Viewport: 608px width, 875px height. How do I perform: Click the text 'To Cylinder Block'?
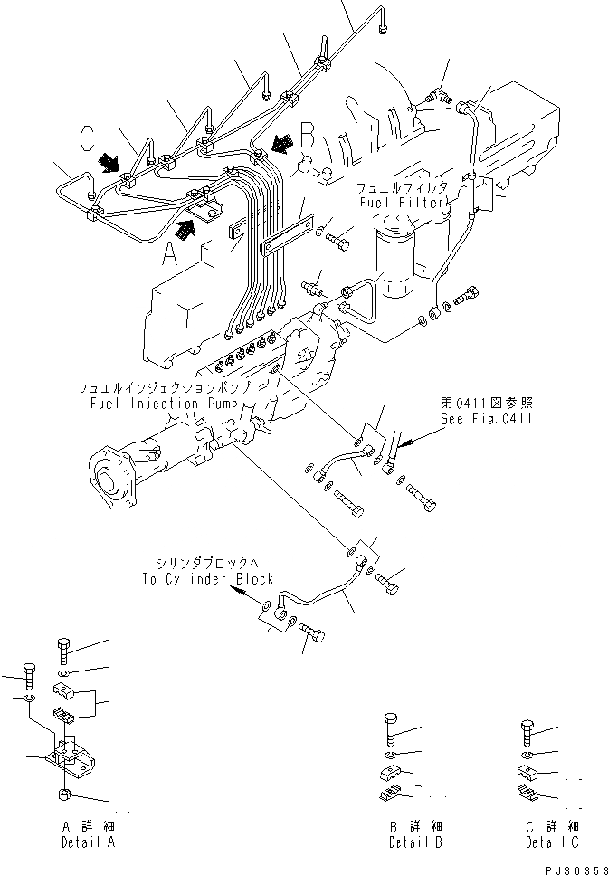coord(207,579)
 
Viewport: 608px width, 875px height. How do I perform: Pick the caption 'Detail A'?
coord(89,842)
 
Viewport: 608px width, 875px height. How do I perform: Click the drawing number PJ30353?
coord(572,867)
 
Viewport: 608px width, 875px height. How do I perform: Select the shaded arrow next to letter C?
coord(109,162)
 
